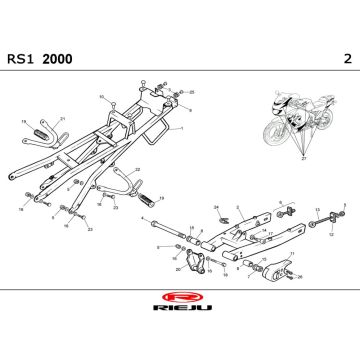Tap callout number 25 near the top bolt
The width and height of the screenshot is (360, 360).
coord(192,91)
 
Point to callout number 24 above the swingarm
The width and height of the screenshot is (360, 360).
coord(216,206)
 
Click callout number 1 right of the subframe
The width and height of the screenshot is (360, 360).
coord(183,129)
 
